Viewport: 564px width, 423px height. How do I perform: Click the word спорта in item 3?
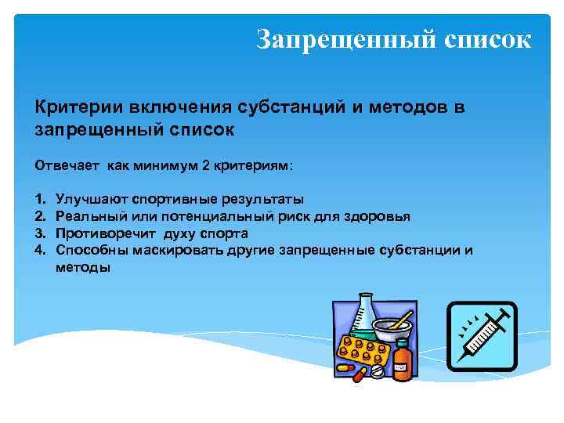click(x=224, y=233)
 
